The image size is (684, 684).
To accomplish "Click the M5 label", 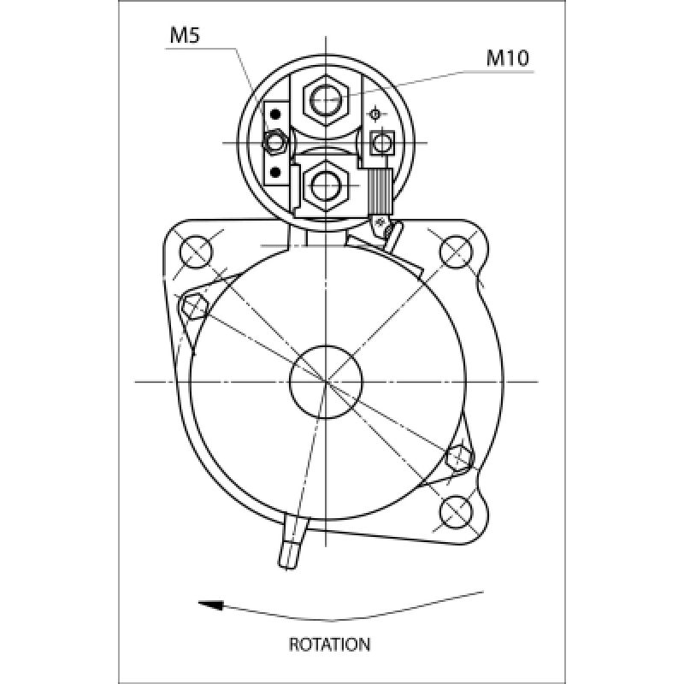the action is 185,35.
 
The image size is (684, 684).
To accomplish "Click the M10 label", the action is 507,57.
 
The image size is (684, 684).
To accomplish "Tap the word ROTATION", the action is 329,645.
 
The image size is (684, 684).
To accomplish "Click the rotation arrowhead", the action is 211,605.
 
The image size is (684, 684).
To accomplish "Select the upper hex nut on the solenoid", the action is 326,100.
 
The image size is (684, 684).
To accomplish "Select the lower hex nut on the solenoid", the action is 326,186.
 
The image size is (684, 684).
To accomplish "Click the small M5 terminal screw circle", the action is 274,142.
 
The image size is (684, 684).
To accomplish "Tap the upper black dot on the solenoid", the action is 275,115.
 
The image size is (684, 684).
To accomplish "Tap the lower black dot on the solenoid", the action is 275,173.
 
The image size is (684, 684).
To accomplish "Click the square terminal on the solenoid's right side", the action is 382,143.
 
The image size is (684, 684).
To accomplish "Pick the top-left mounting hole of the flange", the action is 196,251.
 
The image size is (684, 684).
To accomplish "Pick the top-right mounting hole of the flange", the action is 456,251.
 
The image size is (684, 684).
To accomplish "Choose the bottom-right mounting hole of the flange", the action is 457,511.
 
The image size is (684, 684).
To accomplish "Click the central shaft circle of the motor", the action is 326,381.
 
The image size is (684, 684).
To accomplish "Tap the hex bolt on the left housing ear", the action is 194,306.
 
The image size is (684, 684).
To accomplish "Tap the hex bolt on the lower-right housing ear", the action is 459,458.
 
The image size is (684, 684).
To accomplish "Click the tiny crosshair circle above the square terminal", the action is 374,115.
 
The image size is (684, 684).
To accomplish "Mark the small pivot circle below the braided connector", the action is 380,222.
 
